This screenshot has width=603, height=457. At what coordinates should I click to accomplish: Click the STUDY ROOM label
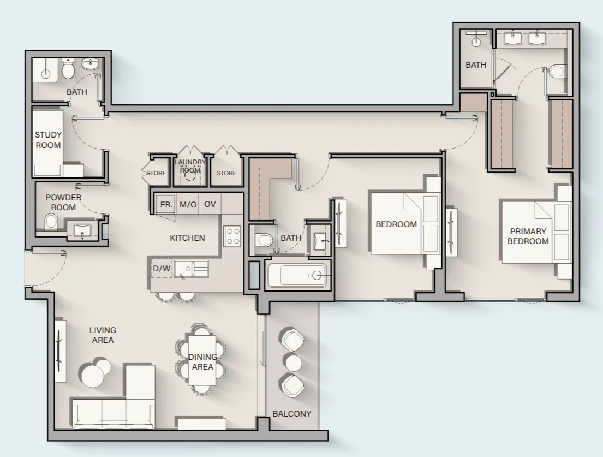[48, 140]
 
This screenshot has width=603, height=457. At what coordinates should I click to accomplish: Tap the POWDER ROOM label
[63, 202]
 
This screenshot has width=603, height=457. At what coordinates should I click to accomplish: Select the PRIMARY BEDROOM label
[529, 236]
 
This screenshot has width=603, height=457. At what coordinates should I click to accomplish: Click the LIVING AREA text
[103, 335]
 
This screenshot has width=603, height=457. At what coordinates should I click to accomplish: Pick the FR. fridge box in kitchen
[164, 205]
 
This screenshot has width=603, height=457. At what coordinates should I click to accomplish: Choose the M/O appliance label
[188, 205]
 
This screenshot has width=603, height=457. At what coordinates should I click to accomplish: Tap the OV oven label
[210, 205]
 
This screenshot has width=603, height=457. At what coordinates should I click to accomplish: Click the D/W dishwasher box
[162, 269]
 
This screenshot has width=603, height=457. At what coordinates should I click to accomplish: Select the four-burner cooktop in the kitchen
[232, 236]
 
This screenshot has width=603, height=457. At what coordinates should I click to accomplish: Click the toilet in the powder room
[51, 222]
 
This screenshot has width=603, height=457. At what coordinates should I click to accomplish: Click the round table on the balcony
[294, 363]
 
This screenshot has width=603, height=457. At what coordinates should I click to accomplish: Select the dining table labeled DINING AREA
[202, 361]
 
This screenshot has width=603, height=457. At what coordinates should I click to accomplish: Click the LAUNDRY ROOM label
[190, 166]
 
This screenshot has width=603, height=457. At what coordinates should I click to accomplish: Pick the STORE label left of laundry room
[156, 174]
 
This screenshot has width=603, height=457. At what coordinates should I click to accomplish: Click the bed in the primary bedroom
[529, 232]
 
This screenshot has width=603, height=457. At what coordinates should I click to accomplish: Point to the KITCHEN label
[187, 238]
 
